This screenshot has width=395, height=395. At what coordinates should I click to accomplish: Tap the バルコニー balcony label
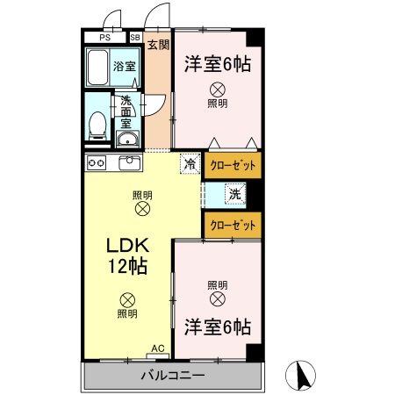[174, 376]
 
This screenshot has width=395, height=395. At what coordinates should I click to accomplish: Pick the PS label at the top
[105, 38]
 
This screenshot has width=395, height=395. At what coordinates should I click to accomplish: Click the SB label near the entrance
[135, 38]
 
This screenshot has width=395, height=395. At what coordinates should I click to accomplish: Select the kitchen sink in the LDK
[129, 163]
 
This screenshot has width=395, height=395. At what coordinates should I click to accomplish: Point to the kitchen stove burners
[96, 162]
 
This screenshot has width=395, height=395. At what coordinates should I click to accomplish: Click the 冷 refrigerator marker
[190, 163]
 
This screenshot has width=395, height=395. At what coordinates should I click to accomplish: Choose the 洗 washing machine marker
[235, 194]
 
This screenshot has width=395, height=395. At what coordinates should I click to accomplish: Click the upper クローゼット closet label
[233, 164]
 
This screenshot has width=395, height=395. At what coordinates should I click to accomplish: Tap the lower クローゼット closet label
[233, 225]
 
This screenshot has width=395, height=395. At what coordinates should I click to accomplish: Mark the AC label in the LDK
[158, 348]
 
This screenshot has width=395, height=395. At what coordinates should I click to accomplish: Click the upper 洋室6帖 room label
[218, 63]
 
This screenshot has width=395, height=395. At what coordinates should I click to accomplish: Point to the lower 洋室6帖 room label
[218, 327]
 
